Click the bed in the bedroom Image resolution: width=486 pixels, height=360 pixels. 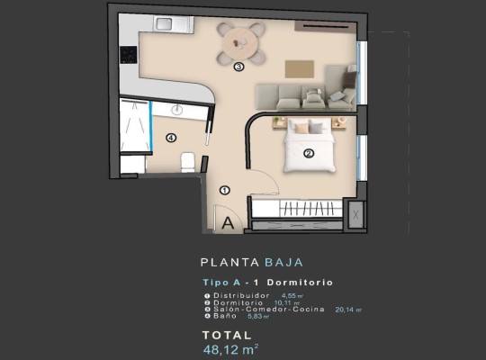[x=309, y=148]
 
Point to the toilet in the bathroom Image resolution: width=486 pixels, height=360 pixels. [x=188, y=162]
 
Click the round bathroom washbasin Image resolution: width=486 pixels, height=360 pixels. [x=177, y=109]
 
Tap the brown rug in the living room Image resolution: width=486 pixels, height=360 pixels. [x=300, y=69]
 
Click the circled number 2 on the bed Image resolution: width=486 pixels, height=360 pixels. [x=309, y=153]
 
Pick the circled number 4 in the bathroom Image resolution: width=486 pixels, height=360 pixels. [x=170, y=138]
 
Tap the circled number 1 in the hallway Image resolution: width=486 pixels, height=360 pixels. [x=225, y=190]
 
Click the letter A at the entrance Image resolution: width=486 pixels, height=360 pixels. [x=228, y=220]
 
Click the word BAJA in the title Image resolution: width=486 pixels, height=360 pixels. [x=283, y=264]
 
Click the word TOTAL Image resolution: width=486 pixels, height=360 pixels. [x=223, y=332]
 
